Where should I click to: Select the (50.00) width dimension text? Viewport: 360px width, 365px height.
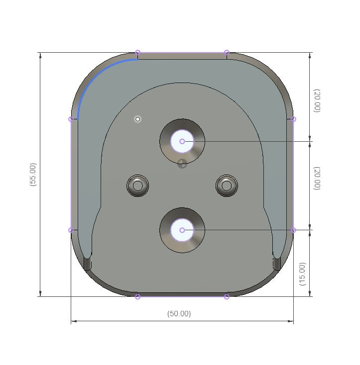(179, 314)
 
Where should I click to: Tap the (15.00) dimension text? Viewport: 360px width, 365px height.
(302, 274)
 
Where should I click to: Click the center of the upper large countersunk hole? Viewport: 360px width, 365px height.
(182, 142)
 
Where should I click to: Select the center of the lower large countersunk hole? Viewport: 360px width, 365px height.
(182, 230)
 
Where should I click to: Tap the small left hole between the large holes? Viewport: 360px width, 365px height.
(138, 185)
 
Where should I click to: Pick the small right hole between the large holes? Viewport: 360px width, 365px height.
(227, 185)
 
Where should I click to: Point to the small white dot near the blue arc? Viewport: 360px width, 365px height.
(138, 119)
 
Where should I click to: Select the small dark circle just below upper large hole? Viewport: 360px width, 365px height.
(182, 163)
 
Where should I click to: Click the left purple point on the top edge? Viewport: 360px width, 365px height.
(138, 53)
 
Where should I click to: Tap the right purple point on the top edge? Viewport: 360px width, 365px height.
(227, 53)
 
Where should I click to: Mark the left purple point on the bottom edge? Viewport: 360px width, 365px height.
(138, 297)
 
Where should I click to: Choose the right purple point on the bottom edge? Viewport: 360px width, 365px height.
(227, 297)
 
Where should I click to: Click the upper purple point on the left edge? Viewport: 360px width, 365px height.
(71, 119)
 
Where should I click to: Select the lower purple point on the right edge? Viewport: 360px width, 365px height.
(293, 230)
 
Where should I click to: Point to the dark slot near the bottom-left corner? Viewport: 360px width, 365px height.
(88, 264)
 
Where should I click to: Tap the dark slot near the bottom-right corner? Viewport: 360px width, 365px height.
(277, 264)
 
